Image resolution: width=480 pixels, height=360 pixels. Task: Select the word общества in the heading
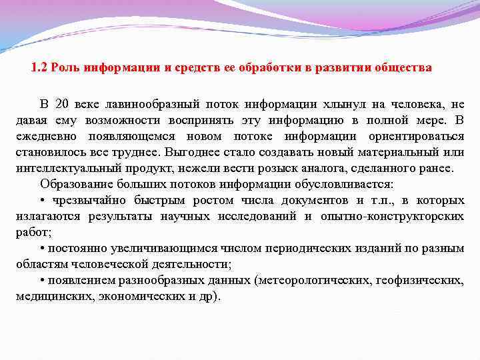click(404, 68)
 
